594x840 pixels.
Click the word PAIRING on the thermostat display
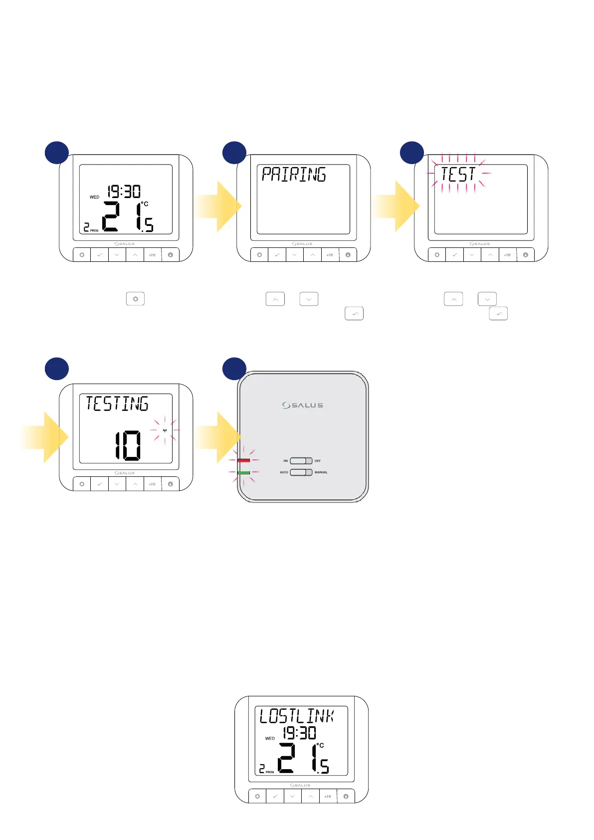click(294, 175)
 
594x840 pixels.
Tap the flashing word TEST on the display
click(458, 174)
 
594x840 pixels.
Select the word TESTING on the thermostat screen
click(117, 404)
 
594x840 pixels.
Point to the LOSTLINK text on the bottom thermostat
click(297, 716)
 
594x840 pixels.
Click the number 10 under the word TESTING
click(128, 445)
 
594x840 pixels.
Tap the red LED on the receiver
click(244, 460)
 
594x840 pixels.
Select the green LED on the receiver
click(244, 472)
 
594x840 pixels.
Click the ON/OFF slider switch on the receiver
click(301, 460)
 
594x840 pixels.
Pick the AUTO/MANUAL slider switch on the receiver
click(301, 472)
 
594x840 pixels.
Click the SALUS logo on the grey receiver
click(303, 405)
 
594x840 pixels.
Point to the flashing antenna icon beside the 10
click(165, 430)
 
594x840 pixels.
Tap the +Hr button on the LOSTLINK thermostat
click(328, 797)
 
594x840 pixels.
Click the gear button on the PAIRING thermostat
click(259, 255)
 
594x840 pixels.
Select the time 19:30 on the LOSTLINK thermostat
click(300, 733)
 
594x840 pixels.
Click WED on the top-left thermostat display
click(94, 197)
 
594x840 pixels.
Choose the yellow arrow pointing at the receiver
click(218, 437)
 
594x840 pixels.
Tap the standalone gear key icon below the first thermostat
click(135, 299)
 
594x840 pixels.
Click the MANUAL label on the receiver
click(321, 472)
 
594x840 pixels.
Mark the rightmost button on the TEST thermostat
click(525, 255)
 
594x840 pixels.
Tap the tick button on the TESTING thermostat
click(100, 484)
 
